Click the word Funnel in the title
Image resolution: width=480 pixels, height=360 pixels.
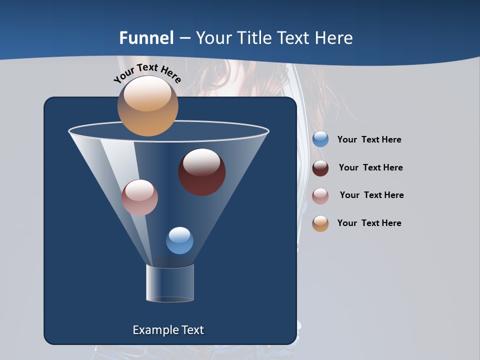click(x=146, y=38)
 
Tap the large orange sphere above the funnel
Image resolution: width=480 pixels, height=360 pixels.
click(x=147, y=106)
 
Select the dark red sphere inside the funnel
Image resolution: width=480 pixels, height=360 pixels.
click(x=202, y=172)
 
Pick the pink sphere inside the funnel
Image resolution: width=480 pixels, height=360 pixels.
click(x=139, y=197)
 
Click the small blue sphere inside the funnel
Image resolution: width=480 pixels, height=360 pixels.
click(x=179, y=240)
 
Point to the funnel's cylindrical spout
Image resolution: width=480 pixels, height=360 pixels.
click(x=170, y=283)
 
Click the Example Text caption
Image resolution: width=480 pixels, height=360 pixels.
click(x=168, y=330)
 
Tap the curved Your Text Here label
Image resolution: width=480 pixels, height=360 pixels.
click(x=147, y=73)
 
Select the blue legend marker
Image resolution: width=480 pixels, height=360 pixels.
click(x=320, y=139)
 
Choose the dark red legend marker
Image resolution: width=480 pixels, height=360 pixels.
click(x=320, y=168)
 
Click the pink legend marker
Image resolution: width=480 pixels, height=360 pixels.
click(x=320, y=196)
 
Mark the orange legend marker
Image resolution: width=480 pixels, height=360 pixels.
click(x=320, y=223)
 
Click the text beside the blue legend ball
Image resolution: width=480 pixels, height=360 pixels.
click(x=369, y=140)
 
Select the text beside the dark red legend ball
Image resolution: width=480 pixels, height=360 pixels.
click(x=370, y=168)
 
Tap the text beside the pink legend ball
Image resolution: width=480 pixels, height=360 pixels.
click(x=371, y=195)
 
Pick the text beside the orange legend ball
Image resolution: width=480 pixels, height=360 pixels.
click(x=369, y=223)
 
